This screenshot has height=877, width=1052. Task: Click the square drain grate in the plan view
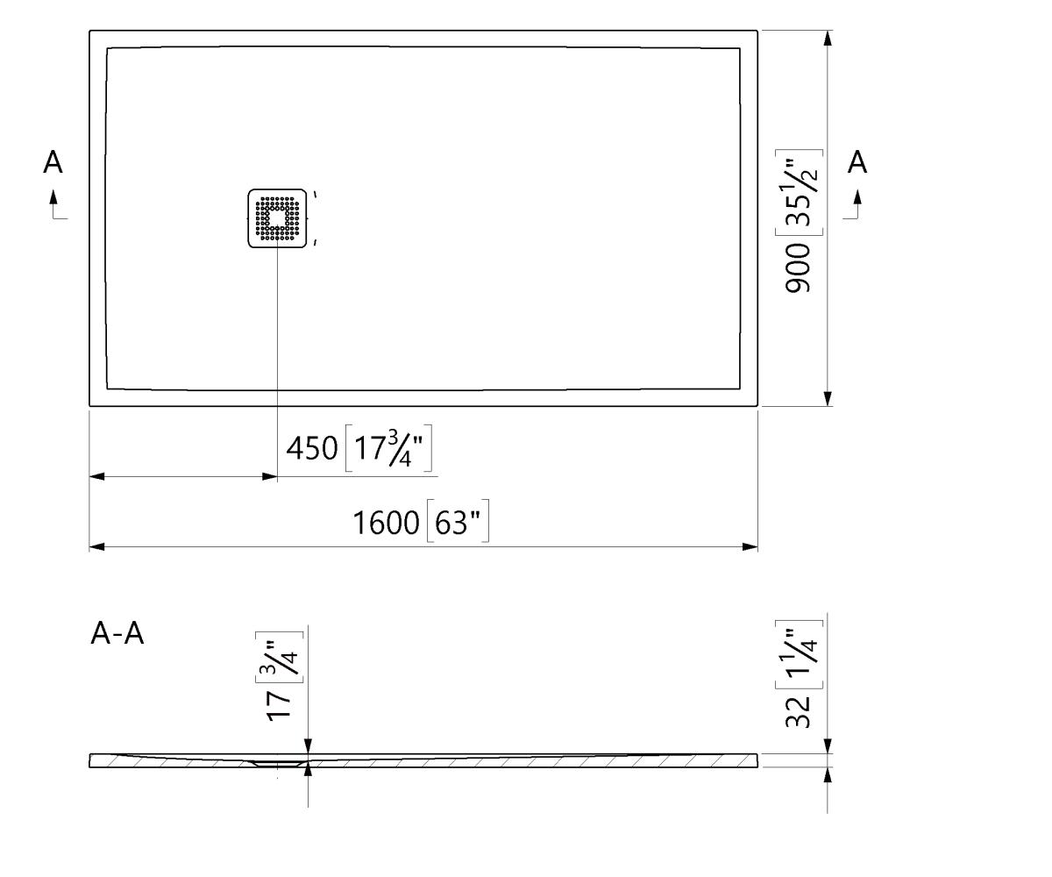(277, 218)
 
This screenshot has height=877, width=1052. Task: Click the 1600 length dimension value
(386, 523)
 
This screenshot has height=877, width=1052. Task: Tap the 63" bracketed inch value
(458, 522)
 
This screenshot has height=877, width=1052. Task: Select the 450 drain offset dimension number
(312, 447)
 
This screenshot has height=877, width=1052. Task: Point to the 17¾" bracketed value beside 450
(388, 448)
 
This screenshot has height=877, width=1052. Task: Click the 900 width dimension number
(798, 268)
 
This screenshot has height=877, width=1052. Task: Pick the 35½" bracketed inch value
(799, 193)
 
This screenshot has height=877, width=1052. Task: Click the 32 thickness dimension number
(798, 711)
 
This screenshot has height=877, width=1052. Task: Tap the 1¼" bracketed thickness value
(799, 654)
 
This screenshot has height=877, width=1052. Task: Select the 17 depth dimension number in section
(279, 706)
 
